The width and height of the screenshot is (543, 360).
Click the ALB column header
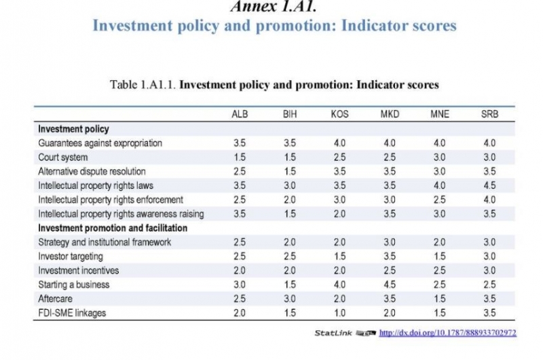240,114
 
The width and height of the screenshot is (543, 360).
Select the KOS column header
340,114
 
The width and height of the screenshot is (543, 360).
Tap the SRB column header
489,114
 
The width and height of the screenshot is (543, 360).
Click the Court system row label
62,158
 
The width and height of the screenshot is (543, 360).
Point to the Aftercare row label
56,299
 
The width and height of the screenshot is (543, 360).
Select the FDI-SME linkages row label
72,313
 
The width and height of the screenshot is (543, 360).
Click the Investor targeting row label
71,256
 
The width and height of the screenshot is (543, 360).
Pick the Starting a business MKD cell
390,285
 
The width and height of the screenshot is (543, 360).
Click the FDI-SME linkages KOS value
340,313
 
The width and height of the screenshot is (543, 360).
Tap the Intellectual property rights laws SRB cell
489,185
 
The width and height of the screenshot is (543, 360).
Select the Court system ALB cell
240,158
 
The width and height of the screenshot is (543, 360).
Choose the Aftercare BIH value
290,299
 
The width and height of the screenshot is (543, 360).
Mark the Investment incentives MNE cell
440,270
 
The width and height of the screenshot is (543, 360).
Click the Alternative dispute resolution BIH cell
290,171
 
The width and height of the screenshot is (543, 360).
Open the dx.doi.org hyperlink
448,333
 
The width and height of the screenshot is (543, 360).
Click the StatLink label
333,333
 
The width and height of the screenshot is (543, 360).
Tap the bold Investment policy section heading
73,129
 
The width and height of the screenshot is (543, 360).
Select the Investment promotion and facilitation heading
113,228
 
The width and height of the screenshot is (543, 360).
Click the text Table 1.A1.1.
143,84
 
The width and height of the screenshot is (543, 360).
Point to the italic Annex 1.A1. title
274,6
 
